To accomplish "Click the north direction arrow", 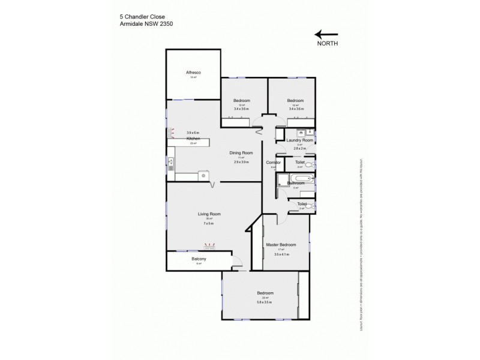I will [x=326, y=35].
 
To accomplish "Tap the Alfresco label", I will [x=193, y=73].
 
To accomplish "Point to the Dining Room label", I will [x=241, y=152].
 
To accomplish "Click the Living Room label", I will [x=210, y=214].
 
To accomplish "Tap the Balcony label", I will [x=199, y=259].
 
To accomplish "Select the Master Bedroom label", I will [x=281, y=244].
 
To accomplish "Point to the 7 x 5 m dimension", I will [x=209, y=224].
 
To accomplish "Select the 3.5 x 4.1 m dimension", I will [x=281, y=255].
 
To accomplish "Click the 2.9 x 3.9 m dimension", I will [x=241, y=163].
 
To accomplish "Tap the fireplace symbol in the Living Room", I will [x=210, y=245].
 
